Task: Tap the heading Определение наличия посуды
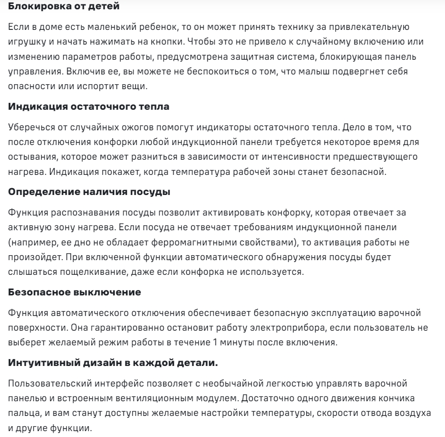tap(90, 192)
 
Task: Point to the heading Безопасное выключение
tap(75, 292)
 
